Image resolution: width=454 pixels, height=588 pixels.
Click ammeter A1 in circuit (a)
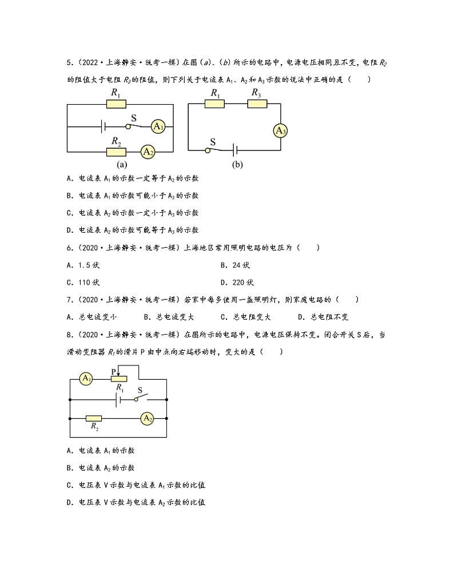point(158,126)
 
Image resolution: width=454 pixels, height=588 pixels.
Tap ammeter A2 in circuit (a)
point(148,152)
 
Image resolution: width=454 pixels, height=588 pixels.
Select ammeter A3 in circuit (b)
point(280,131)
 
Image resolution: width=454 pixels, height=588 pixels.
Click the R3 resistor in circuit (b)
point(257,104)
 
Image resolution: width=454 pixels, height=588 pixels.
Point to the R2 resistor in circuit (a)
point(116,152)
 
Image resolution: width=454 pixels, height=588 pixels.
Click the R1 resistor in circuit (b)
point(215,104)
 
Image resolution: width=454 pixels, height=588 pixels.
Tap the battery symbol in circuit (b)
point(235,150)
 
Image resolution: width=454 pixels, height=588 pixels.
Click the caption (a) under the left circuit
point(122,165)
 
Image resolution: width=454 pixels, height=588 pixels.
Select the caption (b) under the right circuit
point(237,165)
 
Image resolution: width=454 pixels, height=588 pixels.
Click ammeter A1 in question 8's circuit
point(86,379)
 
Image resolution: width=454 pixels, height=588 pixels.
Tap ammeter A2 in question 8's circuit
point(148,419)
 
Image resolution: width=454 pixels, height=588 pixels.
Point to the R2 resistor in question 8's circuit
point(94,419)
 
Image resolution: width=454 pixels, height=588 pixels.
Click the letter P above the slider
point(114,372)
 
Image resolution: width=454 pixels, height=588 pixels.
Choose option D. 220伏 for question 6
point(237,283)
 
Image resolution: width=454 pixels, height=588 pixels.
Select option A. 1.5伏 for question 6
point(83,265)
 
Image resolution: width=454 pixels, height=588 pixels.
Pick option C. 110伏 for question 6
point(83,283)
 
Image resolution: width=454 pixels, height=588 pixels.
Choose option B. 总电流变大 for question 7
point(169,317)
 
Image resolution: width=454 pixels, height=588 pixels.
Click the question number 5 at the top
point(69,62)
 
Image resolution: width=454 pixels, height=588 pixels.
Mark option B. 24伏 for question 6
point(235,265)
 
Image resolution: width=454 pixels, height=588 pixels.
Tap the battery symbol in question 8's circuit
point(118,399)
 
